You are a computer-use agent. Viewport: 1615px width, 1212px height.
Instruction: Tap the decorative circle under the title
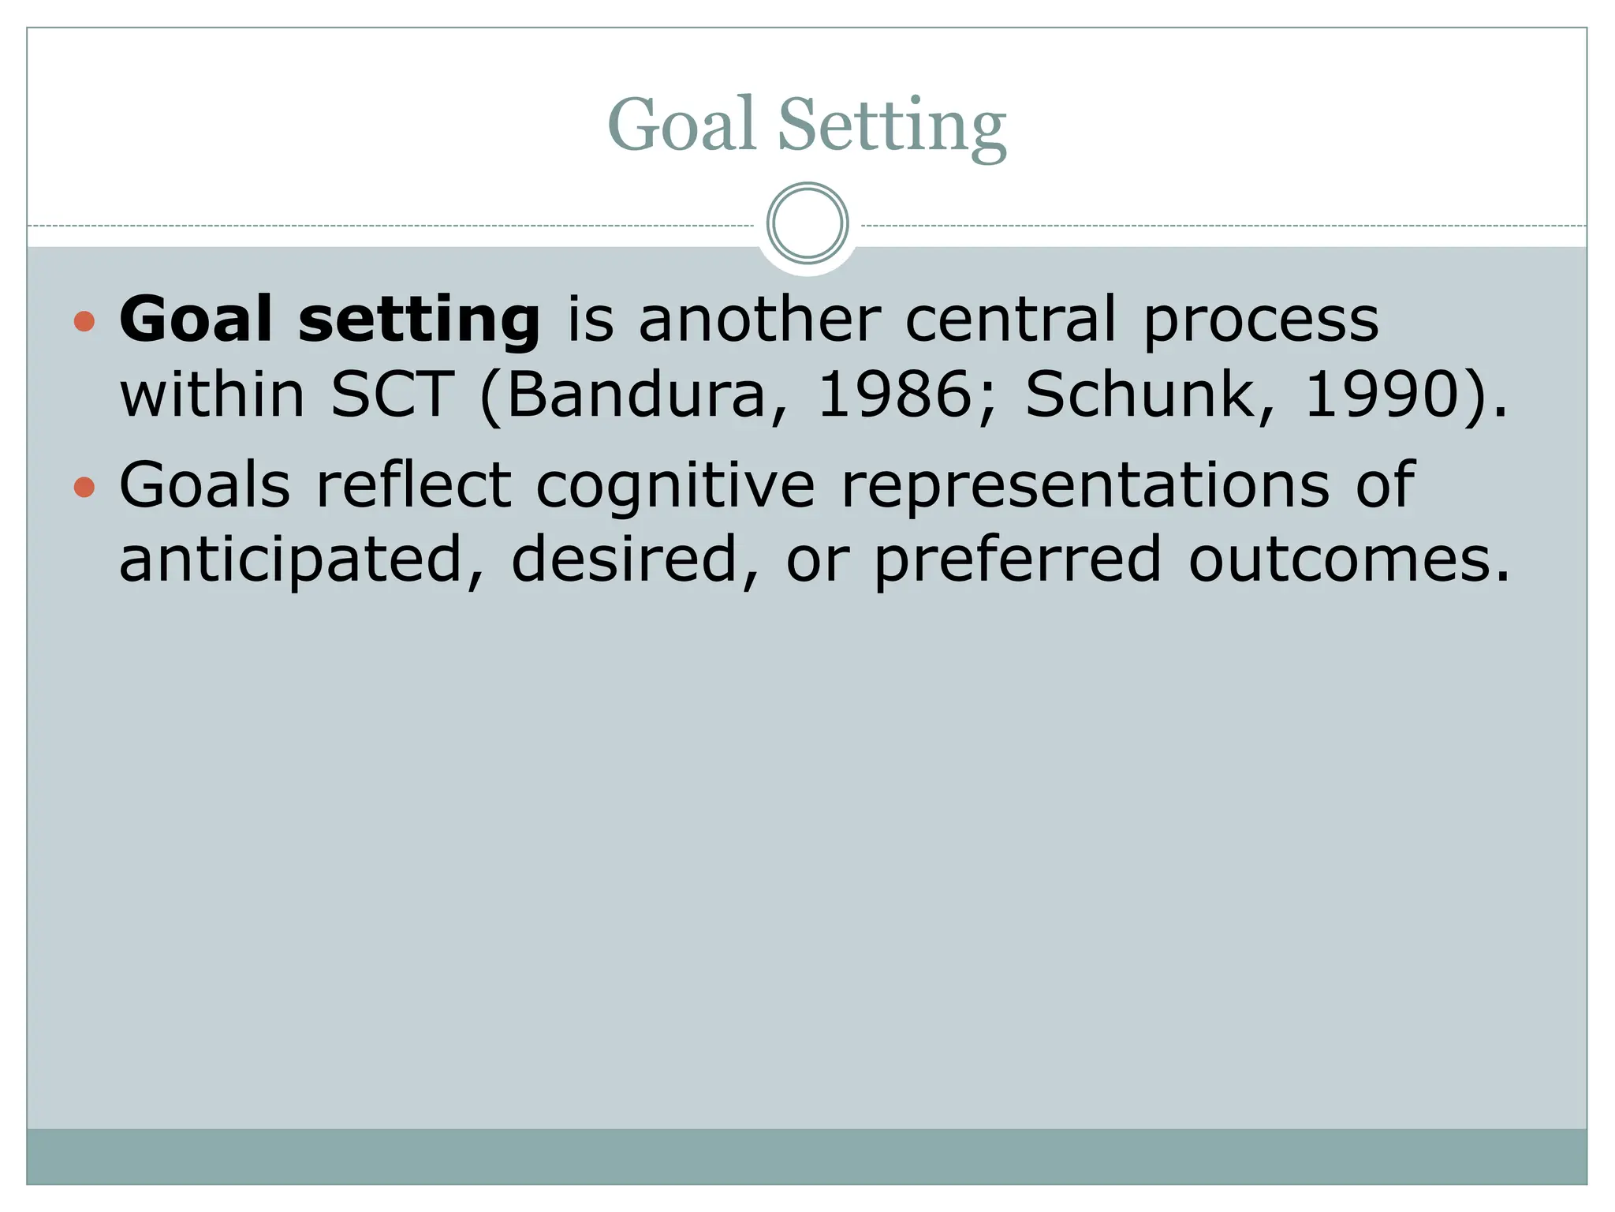807,223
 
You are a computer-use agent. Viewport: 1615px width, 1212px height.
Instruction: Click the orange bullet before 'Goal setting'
84,321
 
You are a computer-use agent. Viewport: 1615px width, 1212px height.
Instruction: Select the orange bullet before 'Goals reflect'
84,487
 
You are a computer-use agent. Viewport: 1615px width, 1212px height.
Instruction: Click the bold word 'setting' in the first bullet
419,320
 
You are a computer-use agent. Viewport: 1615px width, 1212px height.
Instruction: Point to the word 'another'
759,319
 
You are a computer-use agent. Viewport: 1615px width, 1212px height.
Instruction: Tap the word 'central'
1010,319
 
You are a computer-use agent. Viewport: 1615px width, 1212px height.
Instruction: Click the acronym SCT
392,394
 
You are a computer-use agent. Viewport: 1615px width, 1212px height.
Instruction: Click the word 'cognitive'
675,486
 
